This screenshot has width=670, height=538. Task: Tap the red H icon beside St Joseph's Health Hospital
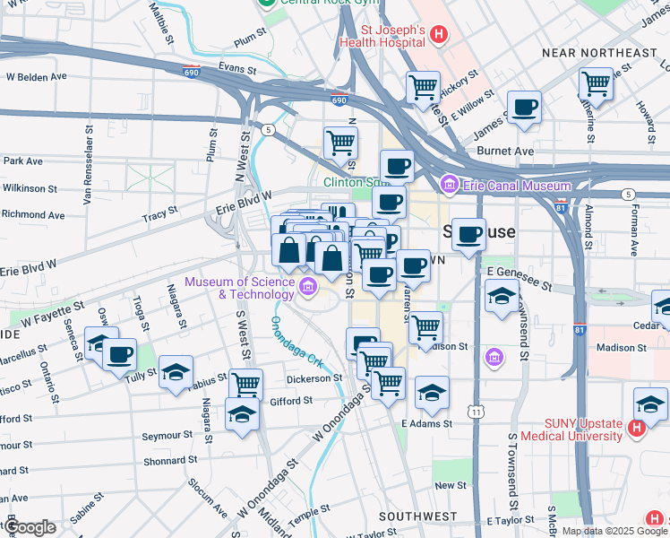click(438, 36)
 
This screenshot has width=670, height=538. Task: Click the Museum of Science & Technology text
click(238, 288)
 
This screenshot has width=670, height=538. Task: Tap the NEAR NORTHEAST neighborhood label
click(599, 53)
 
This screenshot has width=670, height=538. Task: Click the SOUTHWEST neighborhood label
click(417, 516)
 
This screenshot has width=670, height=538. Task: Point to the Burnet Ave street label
click(505, 152)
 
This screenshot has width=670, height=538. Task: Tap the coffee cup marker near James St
click(524, 108)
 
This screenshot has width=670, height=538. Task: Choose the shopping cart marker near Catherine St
click(596, 84)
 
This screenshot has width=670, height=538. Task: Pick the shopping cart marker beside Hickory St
click(423, 88)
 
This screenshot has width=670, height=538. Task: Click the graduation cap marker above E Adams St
click(432, 392)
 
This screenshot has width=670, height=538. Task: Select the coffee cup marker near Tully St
click(119, 353)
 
